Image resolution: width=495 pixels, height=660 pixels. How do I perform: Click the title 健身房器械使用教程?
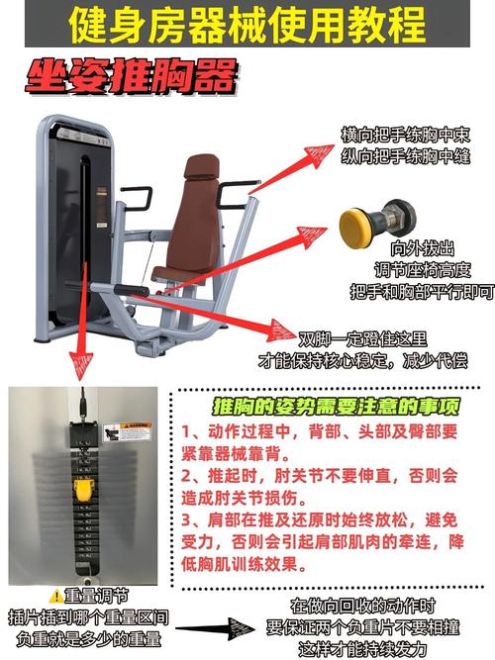(x=247, y=25)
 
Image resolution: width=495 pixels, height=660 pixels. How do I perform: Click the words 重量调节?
(x=96, y=596)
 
